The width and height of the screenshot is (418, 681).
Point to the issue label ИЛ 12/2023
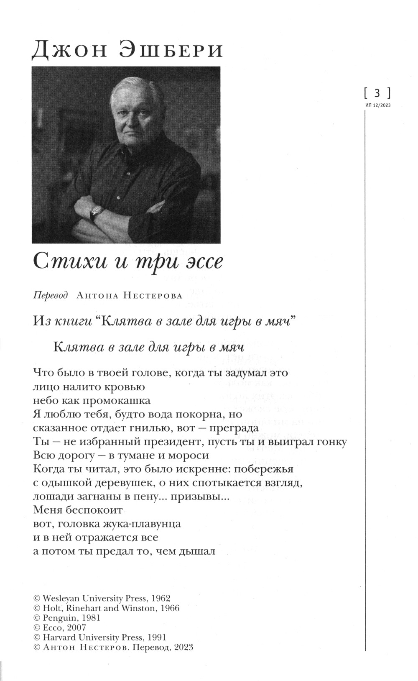coord(377,105)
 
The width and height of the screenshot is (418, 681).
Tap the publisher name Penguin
coord(56,618)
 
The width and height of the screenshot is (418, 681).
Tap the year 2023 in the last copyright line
coord(182,647)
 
